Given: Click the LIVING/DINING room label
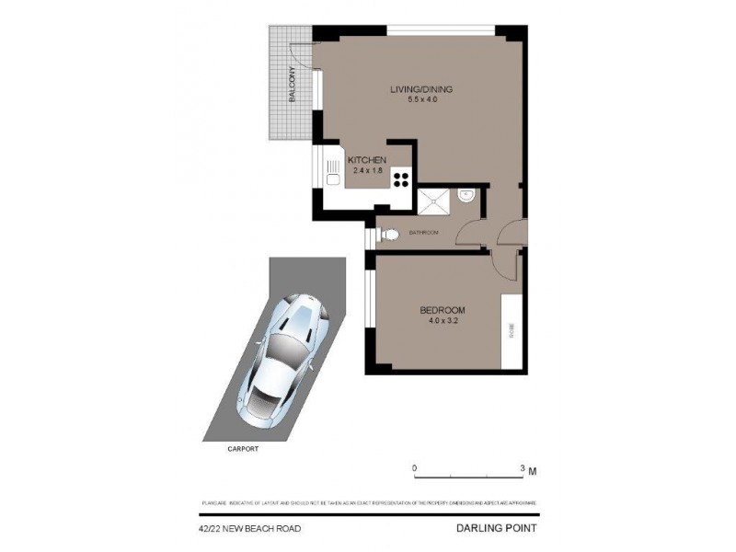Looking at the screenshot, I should point(421,89).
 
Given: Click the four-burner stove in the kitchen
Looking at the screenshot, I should point(402,178).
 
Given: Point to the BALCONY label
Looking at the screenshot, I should point(292,88).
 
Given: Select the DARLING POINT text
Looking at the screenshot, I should point(496,528).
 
